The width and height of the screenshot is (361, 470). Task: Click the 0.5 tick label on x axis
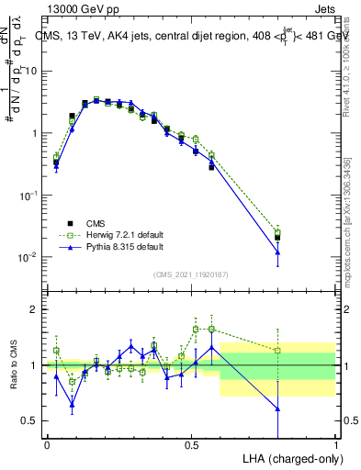pyautogui.click(x=191, y=444)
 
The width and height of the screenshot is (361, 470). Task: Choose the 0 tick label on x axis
pyautogui.click(x=47, y=444)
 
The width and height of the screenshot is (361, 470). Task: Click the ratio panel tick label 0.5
pyautogui.click(x=33, y=421)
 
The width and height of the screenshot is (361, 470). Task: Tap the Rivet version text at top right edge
pyautogui.click(x=352, y=55)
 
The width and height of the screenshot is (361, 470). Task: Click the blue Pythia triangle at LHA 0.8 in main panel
pyautogui.click(x=277, y=252)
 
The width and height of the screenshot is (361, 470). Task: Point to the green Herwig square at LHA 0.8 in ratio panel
pyautogui.click(x=277, y=350)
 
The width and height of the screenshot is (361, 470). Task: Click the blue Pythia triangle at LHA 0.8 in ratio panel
pyautogui.click(x=277, y=408)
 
